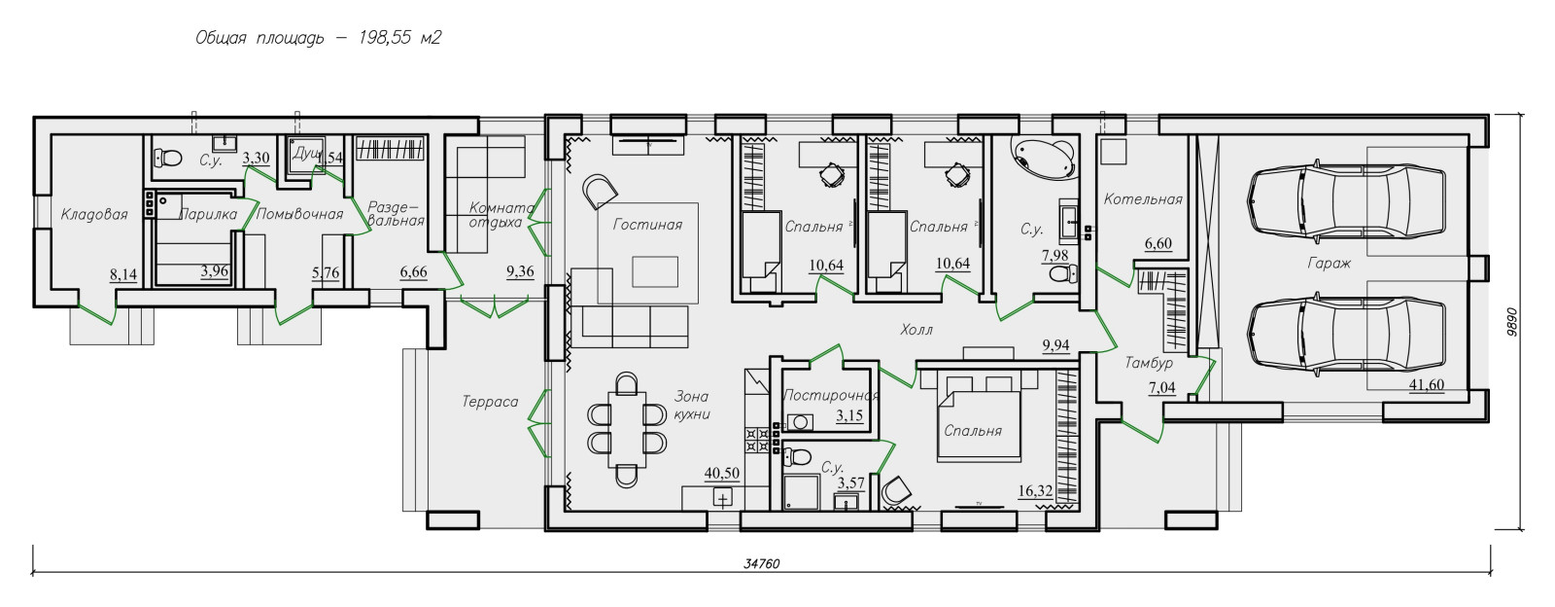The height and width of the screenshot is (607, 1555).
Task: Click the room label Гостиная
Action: tap(647, 225)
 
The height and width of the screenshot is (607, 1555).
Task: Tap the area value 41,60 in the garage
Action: tap(1427, 385)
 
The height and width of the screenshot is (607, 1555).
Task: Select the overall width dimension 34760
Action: tap(762, 564)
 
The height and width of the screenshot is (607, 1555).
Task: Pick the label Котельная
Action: tap(1143, 199)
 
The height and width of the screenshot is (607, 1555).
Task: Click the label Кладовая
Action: tap(94, 215)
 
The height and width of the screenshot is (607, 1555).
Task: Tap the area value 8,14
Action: tap(122, 275)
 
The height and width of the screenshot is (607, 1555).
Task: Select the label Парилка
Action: tap(208, 215)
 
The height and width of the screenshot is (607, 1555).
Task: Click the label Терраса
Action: tap(490, 402)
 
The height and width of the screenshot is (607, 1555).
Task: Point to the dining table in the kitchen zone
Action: tap(627, 430)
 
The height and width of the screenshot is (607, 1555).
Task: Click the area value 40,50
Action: tap(722, 474)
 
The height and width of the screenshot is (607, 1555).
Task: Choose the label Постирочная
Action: tap(831, 395)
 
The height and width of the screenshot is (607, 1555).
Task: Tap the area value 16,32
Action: tap(1035, 491)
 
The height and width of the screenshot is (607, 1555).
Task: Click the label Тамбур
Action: tap(1149, 363)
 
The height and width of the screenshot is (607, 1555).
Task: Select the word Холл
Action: tap(916, 330)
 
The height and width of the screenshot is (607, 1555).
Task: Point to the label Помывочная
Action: tap(300, 215)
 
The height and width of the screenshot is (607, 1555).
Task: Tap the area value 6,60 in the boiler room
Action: tap(1158, 244)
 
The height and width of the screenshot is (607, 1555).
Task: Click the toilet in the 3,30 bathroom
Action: tap(167, 159)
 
